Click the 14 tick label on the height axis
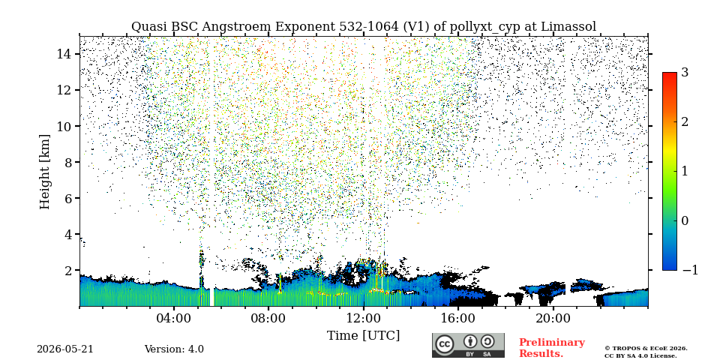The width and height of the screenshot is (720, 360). (x=63, y=54)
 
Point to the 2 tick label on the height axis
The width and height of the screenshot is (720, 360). (x=66, y=271)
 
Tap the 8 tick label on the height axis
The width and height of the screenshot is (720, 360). (x=66, y=162)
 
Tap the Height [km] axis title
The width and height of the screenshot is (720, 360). (x=44, y=172)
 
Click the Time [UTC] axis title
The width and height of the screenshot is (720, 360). (x=363, y=336)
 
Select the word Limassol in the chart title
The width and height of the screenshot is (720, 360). (x=568, y=27)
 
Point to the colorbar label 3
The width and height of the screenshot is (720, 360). (x=685, y=73)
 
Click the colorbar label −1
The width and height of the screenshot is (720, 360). (x=690, y=270)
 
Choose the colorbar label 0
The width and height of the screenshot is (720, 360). (x=685, y=220)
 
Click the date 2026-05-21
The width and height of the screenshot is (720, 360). (x=64, y=349)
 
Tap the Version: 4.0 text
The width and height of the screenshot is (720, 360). (x=174, y=349)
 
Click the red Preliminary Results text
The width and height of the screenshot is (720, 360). (x=551, y=348)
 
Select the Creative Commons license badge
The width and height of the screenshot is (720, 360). (x=468, y=345)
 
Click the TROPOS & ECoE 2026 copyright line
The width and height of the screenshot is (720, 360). (x=646, y=349)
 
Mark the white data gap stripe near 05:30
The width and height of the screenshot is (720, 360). (x=211, y=297)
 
